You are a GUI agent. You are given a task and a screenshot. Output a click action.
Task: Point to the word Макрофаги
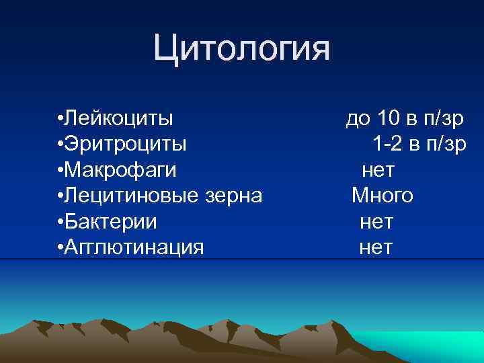pyautogui.click(x=121, y=170)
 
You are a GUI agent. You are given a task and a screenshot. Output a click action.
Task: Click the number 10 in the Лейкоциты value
pyautogui.click(x=389, y=118)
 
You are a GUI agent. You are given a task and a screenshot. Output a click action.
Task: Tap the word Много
pyautogui.click(x=382, y=196)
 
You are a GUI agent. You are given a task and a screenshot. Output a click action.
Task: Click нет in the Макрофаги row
pyautogui.click(x=378, y=170)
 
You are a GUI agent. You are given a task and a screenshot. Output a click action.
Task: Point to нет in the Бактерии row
pyautogui.click(x=376, y=221)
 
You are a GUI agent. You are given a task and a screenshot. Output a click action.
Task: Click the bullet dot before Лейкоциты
pyautogui.click(x=61, y=119)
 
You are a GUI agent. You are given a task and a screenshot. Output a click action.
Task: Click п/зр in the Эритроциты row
pyautogui.click(x=444, y=144)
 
